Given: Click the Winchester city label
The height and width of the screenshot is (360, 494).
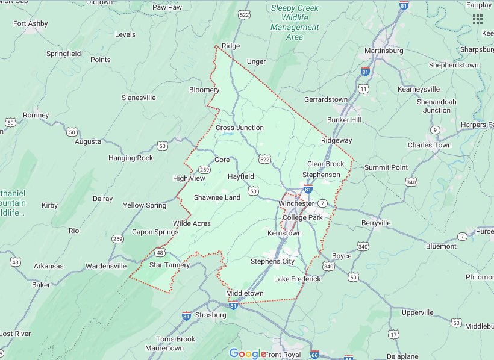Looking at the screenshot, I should (x=296, y=203).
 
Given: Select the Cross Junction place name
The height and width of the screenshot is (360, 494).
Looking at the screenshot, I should (x=240, y=128).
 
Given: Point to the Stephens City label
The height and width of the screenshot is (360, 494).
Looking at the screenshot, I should (x=272, y=261).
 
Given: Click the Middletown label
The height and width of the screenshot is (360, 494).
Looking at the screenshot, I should (x=245, y=293).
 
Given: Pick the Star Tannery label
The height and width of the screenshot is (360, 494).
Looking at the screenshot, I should (x=169, y=265).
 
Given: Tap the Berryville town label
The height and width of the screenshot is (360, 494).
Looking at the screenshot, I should (x=376, y=223).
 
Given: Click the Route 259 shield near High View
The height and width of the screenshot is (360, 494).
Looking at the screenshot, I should (x=205, y=170).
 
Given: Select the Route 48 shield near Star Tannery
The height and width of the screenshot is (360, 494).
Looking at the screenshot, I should (x=160, y=252).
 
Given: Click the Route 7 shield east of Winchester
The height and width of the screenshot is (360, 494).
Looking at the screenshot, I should (x=323, y=203).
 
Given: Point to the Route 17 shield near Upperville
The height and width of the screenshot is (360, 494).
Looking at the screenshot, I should (x=393, y=334).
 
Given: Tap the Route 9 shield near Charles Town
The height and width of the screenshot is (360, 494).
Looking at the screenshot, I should (x=435, y=130).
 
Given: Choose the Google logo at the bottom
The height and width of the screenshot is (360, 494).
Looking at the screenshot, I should (x=247, y=353).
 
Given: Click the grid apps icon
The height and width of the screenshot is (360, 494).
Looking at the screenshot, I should (x=478, y=19).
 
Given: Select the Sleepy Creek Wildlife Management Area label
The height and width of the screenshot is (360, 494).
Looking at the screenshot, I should (x=295, y=22).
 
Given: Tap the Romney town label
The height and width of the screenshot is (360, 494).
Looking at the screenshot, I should (x=36, y=115).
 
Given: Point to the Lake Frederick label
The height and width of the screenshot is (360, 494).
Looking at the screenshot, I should (x=298, y=279).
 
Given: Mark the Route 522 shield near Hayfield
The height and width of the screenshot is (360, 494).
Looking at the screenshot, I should (x=265, y=159).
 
